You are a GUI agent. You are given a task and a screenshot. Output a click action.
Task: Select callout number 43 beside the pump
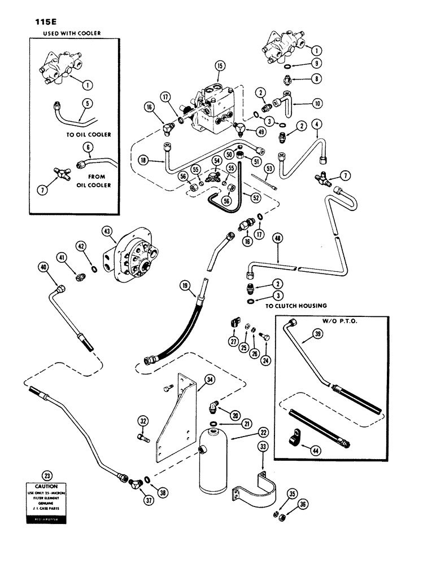click(107, 231)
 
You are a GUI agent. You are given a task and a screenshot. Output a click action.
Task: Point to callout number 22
click(247, 432)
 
